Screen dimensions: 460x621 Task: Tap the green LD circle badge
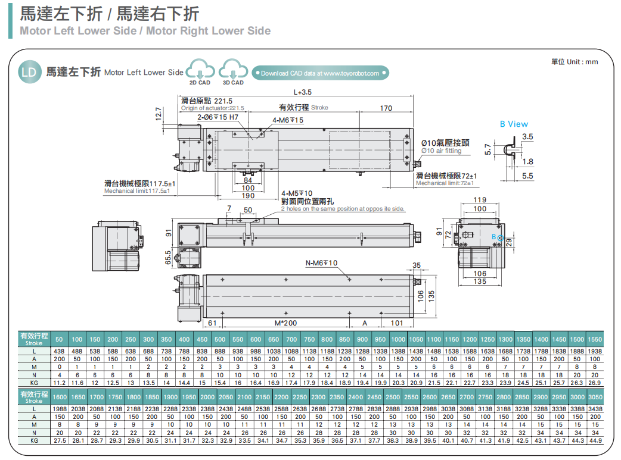[x=29, y=72]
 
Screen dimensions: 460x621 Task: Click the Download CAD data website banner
[x=320, y=73]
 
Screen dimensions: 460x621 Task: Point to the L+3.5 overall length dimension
[x=303, y=92]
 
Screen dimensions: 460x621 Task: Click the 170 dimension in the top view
[x=386, y=108]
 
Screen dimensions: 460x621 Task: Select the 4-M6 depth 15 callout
[x=288, y=120]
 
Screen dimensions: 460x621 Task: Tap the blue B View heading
[x=514, y=124]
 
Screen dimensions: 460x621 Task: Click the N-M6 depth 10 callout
[x=321, y=263]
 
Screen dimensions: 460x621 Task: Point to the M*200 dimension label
[x=286, y=323]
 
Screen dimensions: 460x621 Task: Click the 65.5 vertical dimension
[x=168, y=257]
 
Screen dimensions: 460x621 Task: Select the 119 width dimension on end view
[x=480, y=200]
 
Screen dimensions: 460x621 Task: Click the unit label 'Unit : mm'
[x=575, y=62]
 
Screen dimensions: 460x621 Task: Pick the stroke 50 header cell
[x=59, y=339]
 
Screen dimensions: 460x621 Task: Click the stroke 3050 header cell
[x=594, y=396]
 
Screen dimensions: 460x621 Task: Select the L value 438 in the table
[x=59, y=351]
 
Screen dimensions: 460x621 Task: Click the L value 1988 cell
[x=59, y=409]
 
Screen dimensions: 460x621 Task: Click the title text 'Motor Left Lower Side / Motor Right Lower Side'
[x=145, y=31]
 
